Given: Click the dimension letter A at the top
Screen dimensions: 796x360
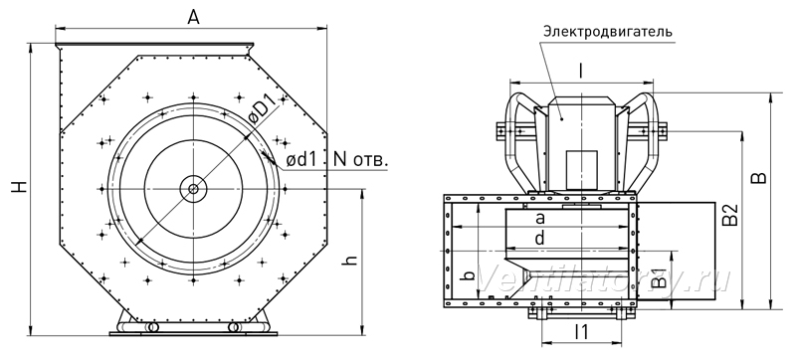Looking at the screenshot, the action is point(193,17).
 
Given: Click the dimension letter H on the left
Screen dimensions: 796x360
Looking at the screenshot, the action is point(19,187).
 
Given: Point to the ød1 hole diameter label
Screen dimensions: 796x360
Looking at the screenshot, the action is point(301,160).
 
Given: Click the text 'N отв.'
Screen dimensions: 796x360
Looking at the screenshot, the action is point(361,160).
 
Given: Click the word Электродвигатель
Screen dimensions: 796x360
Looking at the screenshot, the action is point(608,32).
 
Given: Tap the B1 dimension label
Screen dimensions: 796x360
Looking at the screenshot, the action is point(658,277).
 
